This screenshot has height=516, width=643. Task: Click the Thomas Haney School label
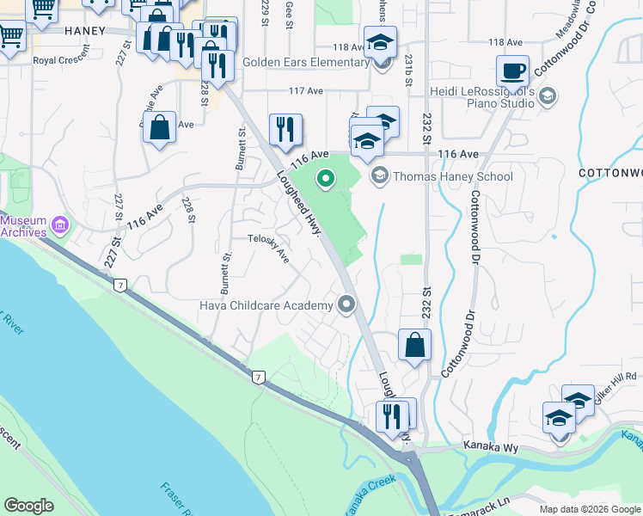coord(452,176)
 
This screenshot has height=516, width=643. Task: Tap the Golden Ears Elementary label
coord(305,62)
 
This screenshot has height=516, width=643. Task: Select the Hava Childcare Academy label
coord(266,305)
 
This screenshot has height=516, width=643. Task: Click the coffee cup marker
coord(513,71)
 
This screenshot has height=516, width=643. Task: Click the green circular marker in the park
coord(325,179)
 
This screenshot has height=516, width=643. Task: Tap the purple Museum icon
coord(59,226)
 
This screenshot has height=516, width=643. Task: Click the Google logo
coord(28,505)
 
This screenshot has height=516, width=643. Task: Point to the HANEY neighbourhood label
coord(85,30)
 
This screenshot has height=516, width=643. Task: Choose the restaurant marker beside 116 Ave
coord(285,129)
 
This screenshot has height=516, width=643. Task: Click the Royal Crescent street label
coord(62,60)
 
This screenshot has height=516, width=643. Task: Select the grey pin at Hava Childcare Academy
coord(346,304)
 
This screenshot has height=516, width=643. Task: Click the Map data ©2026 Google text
coord(589,509)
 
